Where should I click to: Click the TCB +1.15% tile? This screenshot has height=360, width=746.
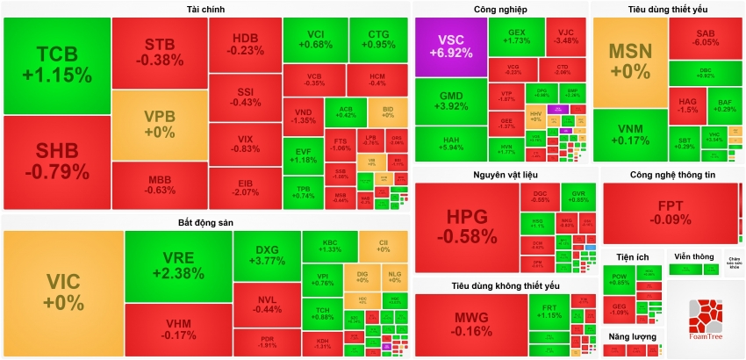(57, 63)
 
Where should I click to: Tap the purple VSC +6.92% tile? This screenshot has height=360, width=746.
(450, 47)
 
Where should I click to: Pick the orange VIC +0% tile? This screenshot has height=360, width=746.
(62, 292)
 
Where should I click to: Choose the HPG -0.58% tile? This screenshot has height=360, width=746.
(471, 227)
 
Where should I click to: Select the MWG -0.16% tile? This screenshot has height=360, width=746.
(471, 323)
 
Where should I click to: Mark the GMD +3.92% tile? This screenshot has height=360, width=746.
(450, 101)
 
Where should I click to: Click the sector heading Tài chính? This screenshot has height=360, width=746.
(205, 9)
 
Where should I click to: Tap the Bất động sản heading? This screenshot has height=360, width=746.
(205, 222)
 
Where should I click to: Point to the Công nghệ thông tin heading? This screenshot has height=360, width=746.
(672, 175)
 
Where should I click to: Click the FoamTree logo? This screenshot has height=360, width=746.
(705, 320)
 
